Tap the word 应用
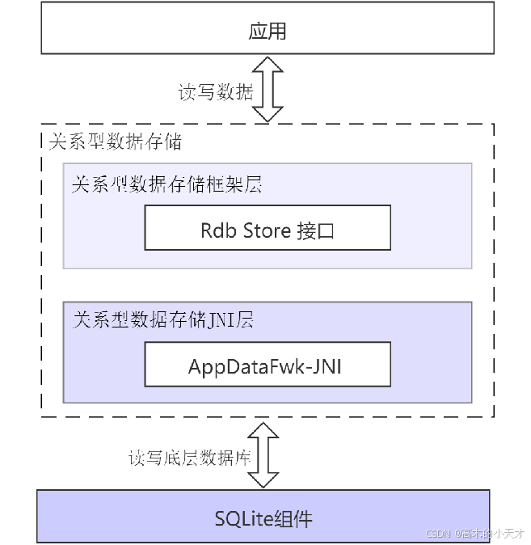tap(268, 32)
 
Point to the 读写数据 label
tap(216, 92)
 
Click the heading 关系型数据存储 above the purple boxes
tap(115, 142)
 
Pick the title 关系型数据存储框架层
tap(166, 185)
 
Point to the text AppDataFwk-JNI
tap(268, 366)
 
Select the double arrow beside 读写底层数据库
tap(263, 456)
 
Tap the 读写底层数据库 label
tap(190, 458)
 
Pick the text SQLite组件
tap(263, 518)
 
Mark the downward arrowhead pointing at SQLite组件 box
tap(263, 478)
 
